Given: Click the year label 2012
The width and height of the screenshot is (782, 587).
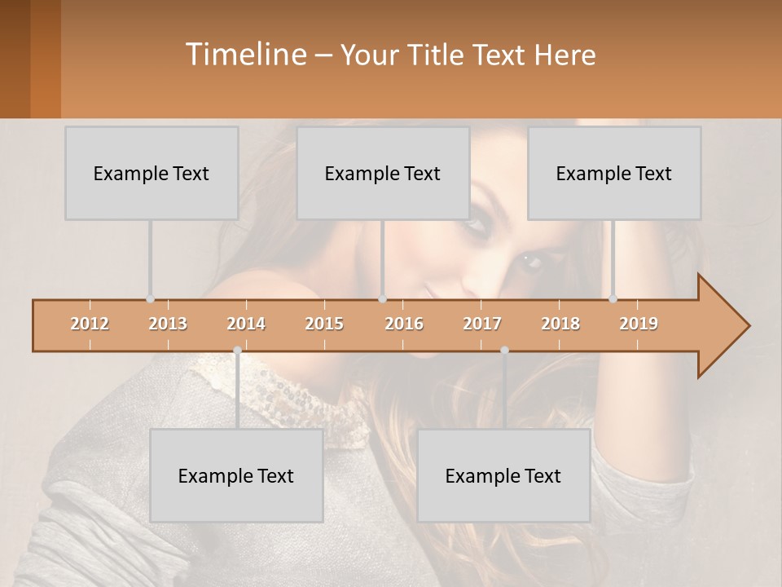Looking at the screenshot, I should pyautogui.click(x=90, y=324).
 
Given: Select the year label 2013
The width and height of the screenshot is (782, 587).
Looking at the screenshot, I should pyautogui.click(x=168, y=324).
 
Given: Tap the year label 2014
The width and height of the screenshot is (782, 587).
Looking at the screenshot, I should pyautogui.click(x=246, y=324).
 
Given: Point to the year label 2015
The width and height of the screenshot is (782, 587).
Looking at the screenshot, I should pyautogui.click(x=324, y=324).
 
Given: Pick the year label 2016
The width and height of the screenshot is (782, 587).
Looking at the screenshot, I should pyautogui.click(x=404, y=324).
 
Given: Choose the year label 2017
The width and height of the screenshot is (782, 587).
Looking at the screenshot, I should pyautogui.click(x=482, y=324).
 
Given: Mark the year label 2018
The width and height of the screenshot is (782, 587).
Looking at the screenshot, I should pyautogui.click(x=560, y=324).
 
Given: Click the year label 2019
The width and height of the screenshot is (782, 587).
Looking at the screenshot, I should pyautogui.click(x=639, y=324).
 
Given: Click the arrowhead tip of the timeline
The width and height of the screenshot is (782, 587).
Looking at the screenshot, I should pyautogui.click(x=748, y=326).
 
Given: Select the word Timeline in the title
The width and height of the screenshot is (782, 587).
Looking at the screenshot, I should pyautogui.click(x=245, y=55).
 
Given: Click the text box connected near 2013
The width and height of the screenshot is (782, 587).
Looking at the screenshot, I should pyautogui.click(x=152, y=173).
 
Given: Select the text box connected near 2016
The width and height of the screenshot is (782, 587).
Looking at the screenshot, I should pyautogui.click(x=383, y=173).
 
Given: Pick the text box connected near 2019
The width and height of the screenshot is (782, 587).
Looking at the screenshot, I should pyautogui.click(x=614, y=173).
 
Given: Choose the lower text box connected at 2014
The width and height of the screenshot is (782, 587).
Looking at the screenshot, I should pyautogui.click(x=236, y=475).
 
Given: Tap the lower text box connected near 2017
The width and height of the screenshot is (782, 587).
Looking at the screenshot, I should pyautogui.click(x=503, y=475).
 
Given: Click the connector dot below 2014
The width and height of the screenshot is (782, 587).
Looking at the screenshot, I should pyautogui.click(x=237, y=350).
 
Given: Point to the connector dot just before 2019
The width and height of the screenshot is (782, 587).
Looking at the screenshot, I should pyautogui.click(x=613, y=298).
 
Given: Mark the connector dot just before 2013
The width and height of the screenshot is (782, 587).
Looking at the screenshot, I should pyautogui.click(x=150, y=298).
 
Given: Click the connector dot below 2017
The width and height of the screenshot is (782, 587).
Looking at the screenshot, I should pyautogui.click(x=504, y=350).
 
